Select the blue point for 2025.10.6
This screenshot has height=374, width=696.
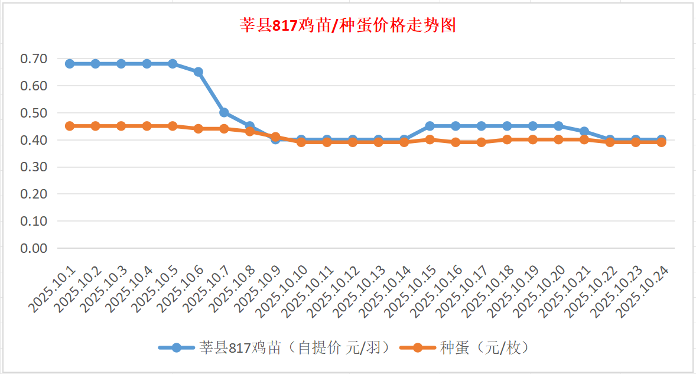pos(199,72)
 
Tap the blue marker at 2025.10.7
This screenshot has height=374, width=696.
pos(224,112)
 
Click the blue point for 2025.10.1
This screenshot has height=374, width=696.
pos(70,64)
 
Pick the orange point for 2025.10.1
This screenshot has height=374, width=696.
pos(70,126)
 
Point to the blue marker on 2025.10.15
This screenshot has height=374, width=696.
pos(430,126)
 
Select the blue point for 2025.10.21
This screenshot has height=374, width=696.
pos(584,131)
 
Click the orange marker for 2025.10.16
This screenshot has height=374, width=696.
pos(456,142)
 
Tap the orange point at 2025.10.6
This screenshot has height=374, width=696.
pos(199,129)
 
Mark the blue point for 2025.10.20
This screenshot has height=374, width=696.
pos(558,126)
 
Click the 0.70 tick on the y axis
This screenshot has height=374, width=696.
pos(34,58)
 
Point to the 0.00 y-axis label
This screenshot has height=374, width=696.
pos(34,248)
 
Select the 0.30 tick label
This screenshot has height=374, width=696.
pos(34,167)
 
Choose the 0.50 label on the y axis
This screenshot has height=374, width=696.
pos(34,112)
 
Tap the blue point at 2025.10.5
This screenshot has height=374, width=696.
pos(173,64)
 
